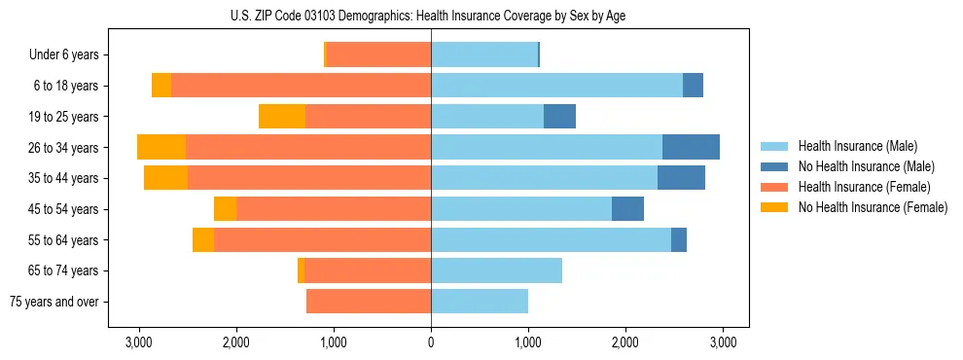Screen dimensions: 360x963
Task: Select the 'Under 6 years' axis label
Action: pos(70,54)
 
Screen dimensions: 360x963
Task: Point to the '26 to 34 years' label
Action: pos(65,148)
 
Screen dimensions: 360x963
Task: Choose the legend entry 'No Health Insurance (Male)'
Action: pos(866,166)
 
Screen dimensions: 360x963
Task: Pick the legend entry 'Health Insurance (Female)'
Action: pos(864,187)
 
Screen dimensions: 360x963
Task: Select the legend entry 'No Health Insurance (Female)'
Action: pos(872,207)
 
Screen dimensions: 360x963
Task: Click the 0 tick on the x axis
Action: pos(431,342)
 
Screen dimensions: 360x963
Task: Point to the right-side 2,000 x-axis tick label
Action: pos(625,342)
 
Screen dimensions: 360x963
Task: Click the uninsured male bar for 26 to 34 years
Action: pos(691,147)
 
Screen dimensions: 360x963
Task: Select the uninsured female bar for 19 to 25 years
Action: pos(282,116)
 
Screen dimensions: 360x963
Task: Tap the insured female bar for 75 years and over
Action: pos(369,302)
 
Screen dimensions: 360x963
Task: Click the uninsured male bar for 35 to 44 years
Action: pos(681,178)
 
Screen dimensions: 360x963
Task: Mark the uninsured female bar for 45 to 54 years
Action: pos(225,209)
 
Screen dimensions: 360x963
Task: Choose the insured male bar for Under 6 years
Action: pos(484,54)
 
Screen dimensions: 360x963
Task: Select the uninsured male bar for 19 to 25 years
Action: pos(559,116)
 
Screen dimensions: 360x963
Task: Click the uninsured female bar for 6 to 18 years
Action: pos(161,86)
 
